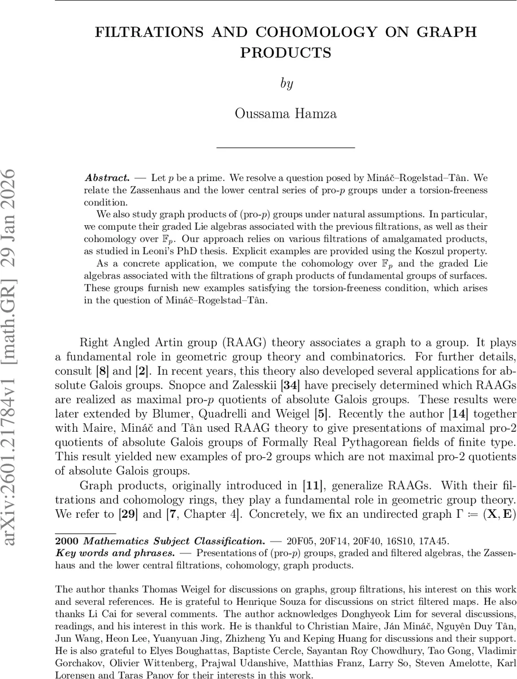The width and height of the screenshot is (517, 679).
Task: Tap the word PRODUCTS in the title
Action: (285, 53)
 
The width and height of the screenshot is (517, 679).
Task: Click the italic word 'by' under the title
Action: (286, 84)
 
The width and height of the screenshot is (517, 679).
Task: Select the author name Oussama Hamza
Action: (285, 113)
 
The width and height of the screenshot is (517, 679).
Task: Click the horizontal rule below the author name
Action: (285, 148)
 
